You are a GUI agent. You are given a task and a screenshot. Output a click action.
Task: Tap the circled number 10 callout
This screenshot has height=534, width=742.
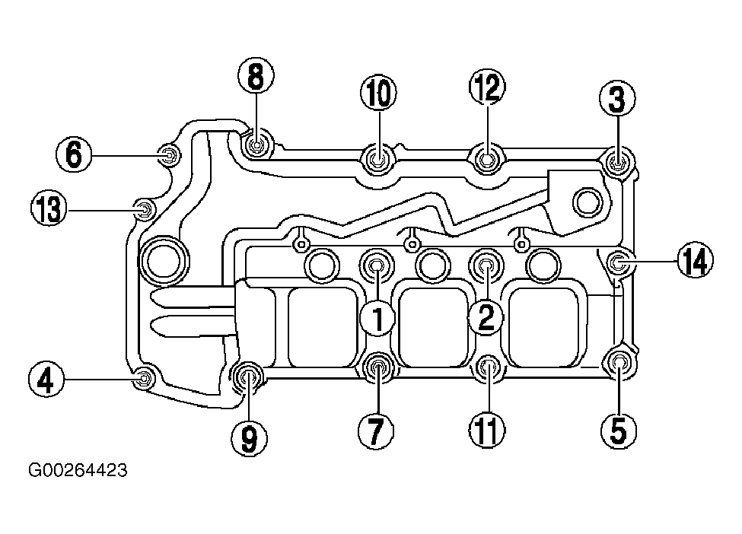[378, 93]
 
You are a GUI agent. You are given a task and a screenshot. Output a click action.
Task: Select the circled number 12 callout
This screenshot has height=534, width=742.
[487, 87]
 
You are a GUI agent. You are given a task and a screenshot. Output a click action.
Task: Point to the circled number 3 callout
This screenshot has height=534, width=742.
[617, 99]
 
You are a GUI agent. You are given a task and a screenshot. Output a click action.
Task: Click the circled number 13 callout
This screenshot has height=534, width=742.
[49, 209]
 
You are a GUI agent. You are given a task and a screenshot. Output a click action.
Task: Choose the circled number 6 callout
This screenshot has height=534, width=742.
[75, 154]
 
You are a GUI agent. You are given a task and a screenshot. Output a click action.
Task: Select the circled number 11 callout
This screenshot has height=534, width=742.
[487, 431]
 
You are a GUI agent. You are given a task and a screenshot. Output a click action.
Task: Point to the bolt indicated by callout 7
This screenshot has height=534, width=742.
[377, 367]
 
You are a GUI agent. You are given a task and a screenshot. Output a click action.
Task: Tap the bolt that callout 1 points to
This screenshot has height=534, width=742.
[377, 265]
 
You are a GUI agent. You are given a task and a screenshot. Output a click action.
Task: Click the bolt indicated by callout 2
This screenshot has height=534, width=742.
[486, 265]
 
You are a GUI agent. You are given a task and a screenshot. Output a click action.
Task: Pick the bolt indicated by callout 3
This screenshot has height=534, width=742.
[617, 164]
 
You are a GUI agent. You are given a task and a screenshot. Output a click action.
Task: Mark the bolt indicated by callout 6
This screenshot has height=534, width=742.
[168, 154]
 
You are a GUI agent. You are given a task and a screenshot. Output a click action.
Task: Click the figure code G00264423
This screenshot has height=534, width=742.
[78, 471]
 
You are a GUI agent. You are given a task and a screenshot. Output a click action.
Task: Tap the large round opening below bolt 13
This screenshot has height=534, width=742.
[164, 260]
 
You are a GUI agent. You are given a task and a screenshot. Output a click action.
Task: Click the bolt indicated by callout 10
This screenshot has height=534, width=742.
[377, 160]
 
